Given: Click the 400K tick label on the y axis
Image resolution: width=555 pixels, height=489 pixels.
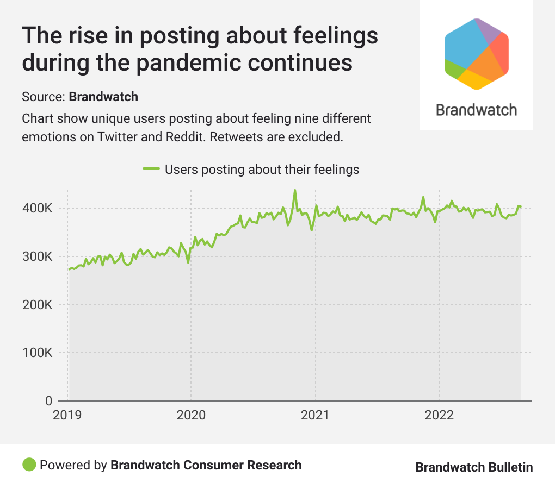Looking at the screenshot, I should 38,209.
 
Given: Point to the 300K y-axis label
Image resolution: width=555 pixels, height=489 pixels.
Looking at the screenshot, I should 38,256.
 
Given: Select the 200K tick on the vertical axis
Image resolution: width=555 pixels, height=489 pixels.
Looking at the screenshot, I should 38,305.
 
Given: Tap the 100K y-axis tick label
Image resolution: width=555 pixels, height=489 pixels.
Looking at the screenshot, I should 38,353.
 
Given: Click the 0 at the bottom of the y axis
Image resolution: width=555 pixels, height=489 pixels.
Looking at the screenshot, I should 48,401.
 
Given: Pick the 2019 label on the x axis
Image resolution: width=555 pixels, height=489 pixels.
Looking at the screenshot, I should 67,416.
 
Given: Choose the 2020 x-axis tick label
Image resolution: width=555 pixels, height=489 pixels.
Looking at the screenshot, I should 191,416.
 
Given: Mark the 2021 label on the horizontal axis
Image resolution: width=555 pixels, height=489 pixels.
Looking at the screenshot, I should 315,416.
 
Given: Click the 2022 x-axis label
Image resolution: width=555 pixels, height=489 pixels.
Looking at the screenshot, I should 439,416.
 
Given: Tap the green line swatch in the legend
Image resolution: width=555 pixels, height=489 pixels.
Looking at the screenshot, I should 151,169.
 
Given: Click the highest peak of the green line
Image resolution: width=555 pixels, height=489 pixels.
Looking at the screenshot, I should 295,190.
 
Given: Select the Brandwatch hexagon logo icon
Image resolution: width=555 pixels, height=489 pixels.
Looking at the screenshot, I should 477,54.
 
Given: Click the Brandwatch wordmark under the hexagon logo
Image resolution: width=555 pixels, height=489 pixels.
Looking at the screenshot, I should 477,110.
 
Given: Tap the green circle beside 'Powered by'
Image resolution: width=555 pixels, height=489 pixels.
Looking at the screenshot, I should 29,465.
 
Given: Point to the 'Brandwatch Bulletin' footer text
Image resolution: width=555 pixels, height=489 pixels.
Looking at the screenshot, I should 474,467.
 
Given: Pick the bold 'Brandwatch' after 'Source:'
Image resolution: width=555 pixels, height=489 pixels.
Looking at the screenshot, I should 103,97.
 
